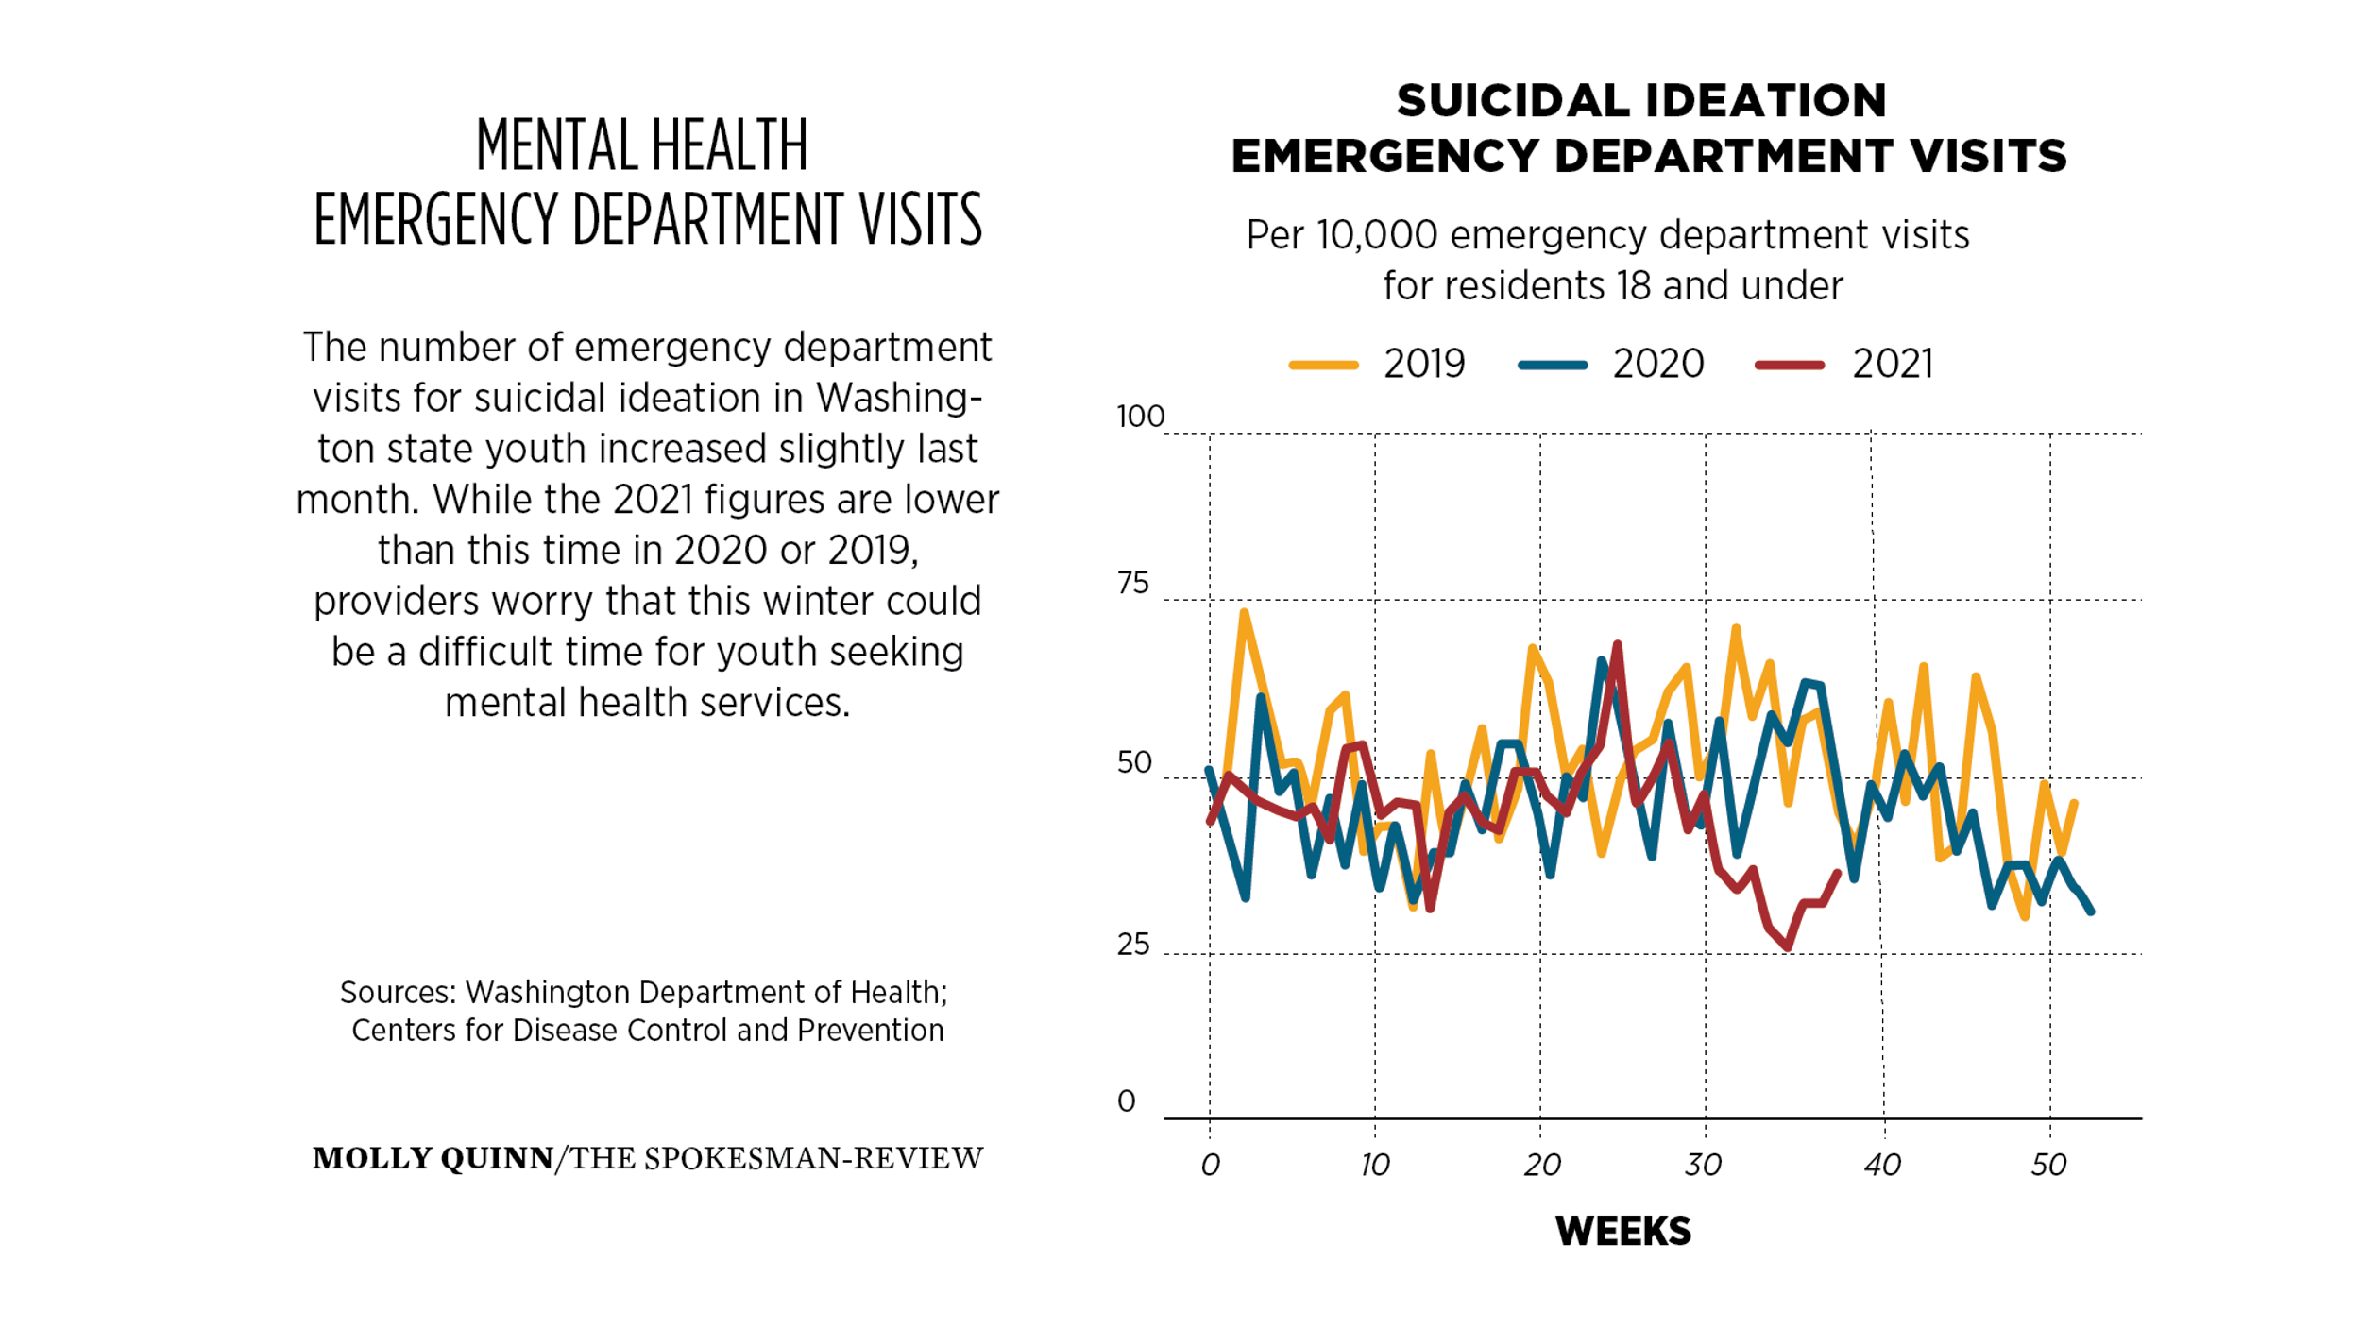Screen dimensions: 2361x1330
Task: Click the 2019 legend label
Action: click(1424, 364)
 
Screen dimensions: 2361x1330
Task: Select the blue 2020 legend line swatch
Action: click(1553, 365)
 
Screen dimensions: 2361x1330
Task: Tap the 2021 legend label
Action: click(1893, 364)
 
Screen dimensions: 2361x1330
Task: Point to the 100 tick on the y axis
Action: click(1141, 417)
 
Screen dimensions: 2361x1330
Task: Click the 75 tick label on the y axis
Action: click(1133, 583)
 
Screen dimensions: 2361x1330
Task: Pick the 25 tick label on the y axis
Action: click(1133, 944)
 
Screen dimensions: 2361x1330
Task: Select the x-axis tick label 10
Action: click(1375, 1165)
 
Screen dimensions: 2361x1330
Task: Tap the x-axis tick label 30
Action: click(1704, 1165)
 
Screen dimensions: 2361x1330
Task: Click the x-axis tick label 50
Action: click(2049, 1165)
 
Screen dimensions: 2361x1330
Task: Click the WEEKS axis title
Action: click(1623, 1231)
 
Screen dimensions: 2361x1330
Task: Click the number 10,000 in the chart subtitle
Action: click(1377, 235)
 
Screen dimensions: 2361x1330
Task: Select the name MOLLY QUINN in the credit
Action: click(433, 1158)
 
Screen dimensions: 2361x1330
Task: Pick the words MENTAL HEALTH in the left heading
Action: click(642, 145)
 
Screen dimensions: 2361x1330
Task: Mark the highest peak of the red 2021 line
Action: click(1618, 645)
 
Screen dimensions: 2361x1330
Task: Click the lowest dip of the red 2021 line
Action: click(1788, 946)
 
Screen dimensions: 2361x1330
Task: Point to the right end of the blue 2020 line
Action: click(2092, 912)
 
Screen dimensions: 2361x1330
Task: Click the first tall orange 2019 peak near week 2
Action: click(1244, 612)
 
